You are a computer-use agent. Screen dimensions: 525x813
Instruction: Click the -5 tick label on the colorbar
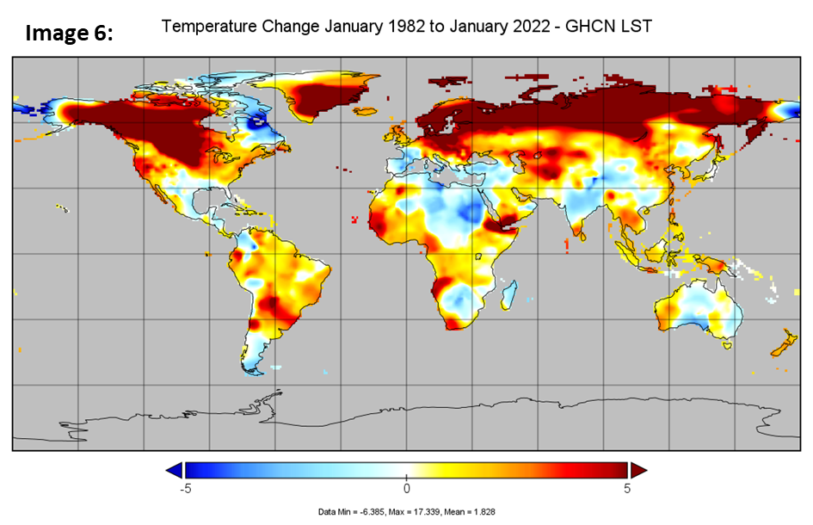tap(183, 489)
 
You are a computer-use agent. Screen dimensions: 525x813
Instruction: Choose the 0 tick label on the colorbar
tap(407, 489)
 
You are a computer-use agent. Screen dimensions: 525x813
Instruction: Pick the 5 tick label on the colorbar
tap(627, 489)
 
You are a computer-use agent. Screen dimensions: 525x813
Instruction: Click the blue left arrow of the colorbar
tap(175, 470)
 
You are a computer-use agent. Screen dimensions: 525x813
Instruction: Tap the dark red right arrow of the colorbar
tap(638, 470)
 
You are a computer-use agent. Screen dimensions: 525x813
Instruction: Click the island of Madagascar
tap(507, 290)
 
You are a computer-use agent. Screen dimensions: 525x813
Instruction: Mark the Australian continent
tap(697, 310)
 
